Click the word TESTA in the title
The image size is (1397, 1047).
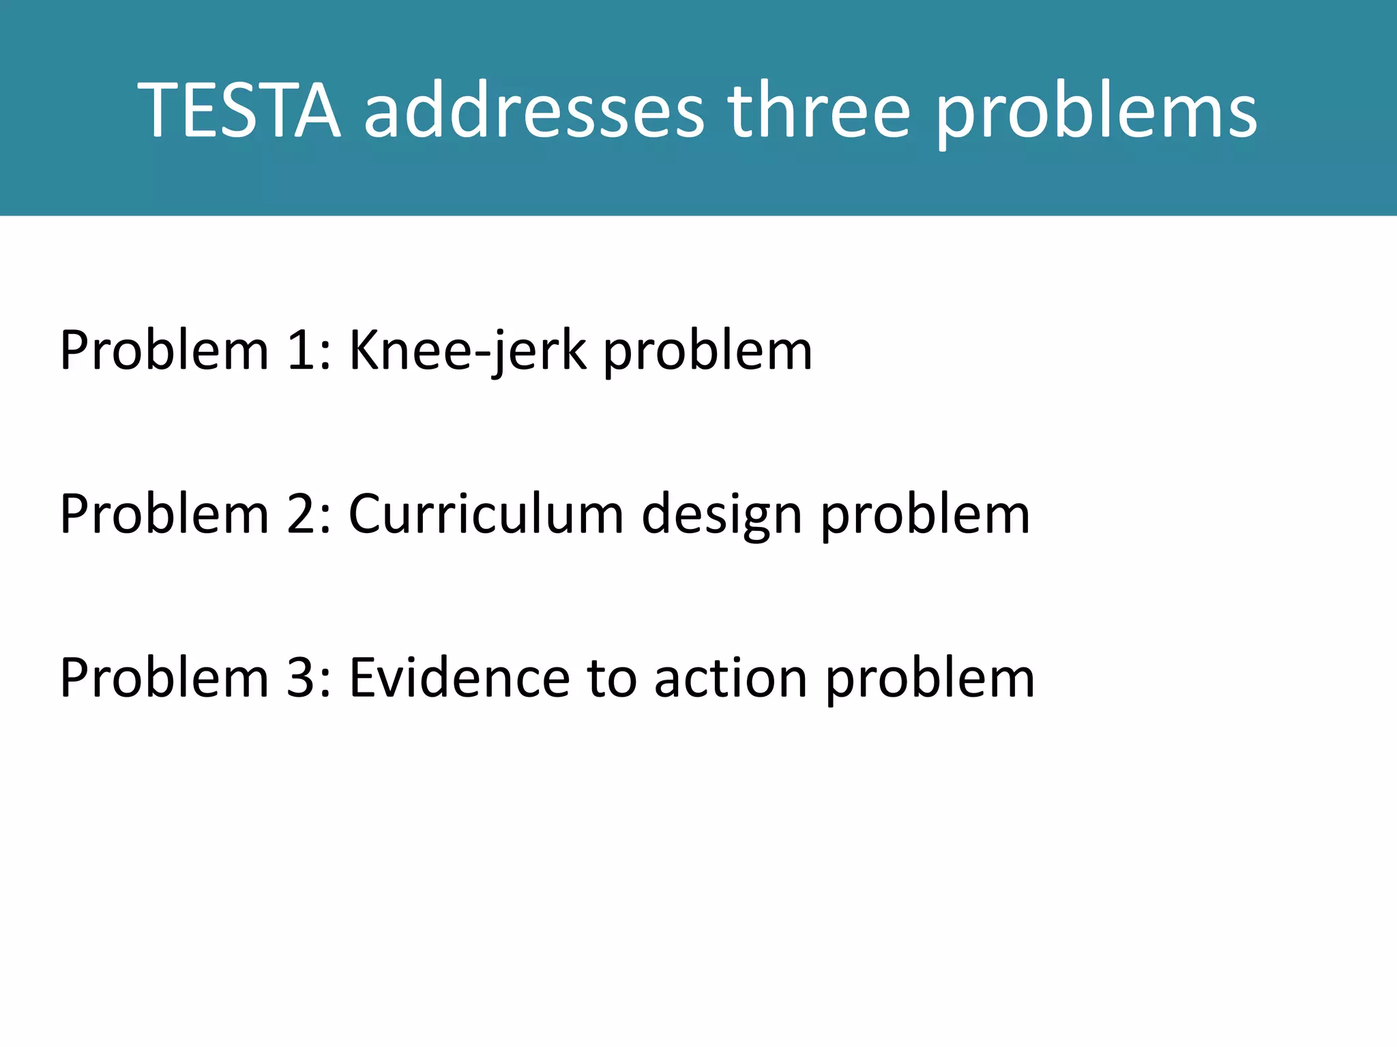tap(239, 110)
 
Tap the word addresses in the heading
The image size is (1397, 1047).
tap(534, 110)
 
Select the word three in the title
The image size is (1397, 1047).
tap(819, 110)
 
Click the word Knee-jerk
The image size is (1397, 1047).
tap(468, 350)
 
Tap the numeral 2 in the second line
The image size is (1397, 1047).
tap(301, 514)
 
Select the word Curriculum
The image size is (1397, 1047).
tap(486, 514)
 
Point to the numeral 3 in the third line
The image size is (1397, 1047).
tap(301, 678)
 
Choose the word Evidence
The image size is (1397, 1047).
tap(459, 678)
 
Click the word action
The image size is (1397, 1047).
tap(731, 678)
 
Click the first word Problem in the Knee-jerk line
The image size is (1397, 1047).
tap(164, 350)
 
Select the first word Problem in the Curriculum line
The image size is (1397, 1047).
tap(164, 514)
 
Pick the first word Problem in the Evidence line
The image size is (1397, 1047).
tap(164, 678)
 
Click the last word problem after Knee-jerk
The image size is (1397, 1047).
tap(708, 352)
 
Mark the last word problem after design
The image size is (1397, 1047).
tap(925, 515)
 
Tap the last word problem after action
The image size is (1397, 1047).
tap(930, 679)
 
